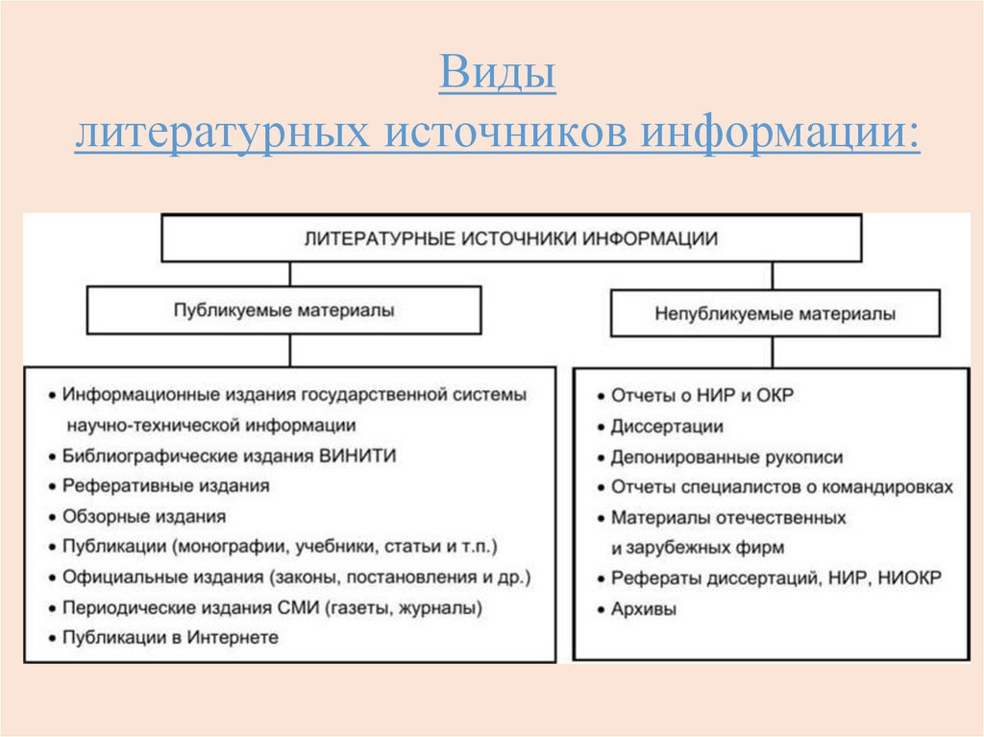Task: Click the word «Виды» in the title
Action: [x=497, y=75]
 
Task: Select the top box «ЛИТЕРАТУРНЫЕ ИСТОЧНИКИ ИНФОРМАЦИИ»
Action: [x=510, y=238]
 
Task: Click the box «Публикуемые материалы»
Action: [x=283, y=311]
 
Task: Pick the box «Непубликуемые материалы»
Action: [x=775, y=313]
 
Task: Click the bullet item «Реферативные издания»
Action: [x=165, y=486]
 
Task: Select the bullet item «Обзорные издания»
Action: [x=144, y=517]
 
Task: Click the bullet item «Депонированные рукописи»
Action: [x=726, y=457]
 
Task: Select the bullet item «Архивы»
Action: [x=643, y=609]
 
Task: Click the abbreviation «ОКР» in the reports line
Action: [x=775, y=396]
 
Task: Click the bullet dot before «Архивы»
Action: [x=600, y=610]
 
